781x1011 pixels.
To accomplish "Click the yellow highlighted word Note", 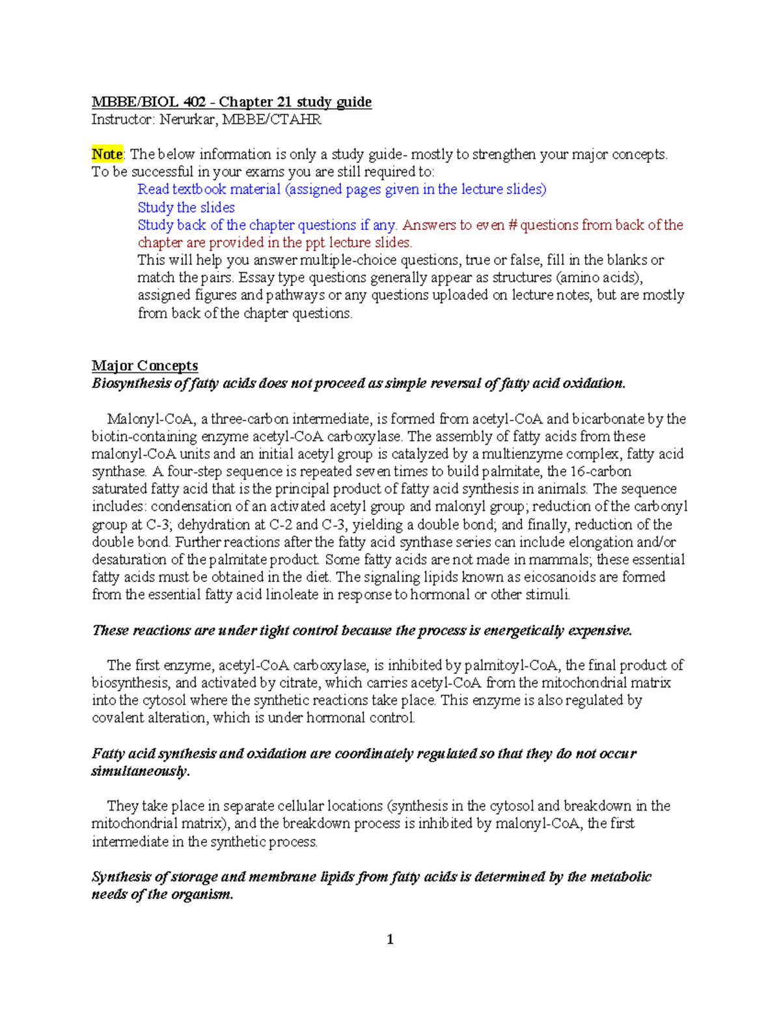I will (107, 154).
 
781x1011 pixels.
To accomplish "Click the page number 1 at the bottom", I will (390, 939).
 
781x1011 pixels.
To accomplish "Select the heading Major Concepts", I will (144, 365).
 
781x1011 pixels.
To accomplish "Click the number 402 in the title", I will (194, 102).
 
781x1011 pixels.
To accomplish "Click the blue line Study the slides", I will (186, 208).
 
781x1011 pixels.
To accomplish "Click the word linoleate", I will (292, 594).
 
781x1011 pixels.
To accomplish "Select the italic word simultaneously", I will (140, 771).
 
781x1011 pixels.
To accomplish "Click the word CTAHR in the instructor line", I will (299, 120).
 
